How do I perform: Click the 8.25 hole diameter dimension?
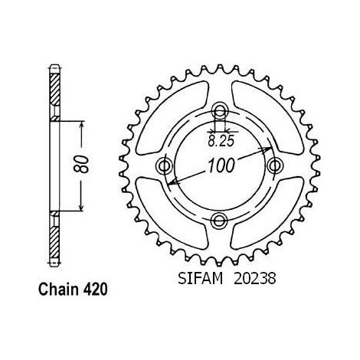point(221,141)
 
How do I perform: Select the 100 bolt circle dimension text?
point(221,165)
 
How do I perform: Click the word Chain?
point(58,290)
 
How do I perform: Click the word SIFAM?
point(201,278)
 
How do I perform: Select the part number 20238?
point(255,278)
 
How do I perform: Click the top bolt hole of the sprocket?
point(219,110)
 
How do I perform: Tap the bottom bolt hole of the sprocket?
point(219,220)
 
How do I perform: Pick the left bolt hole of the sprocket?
point(164,165)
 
